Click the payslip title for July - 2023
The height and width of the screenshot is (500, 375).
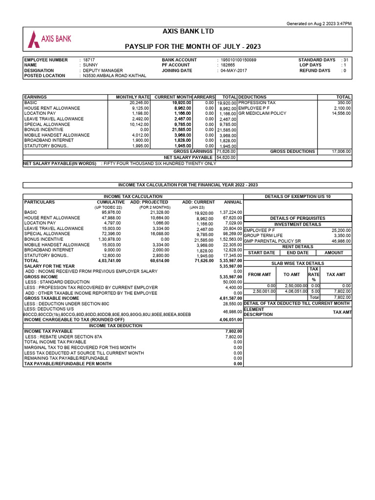click(193, 46)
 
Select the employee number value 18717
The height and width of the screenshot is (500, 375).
click(90, 60)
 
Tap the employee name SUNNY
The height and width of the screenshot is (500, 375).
click(90, 65)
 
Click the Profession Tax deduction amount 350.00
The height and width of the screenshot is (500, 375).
click(344, 103)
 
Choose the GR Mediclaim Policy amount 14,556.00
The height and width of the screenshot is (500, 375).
click(341, 114)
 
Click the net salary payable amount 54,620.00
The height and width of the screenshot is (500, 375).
click(227, 158)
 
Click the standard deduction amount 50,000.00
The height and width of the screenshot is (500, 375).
click(232, 282)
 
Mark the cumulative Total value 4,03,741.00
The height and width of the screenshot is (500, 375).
click(109, 261)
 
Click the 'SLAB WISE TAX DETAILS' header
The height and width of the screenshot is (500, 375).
click(297, 263)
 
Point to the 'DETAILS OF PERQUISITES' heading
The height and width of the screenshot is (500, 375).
click(297, 218)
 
